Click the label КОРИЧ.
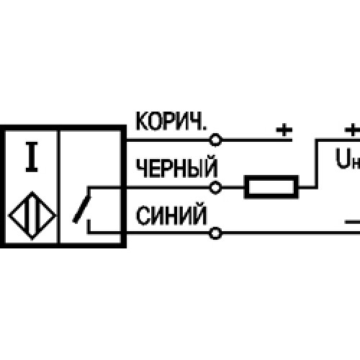[x=171, y=121]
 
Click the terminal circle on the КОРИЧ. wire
[x=215, y=140]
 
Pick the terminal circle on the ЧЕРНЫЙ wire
[x=215, y=187]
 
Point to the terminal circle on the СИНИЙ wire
[x=215, y=233]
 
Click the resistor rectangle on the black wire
[x=271, y=187]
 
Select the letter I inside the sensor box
[x=32, y=157]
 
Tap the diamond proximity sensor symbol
[x=32, y=215]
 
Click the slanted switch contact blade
[x=81, y=210]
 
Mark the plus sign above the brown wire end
[x=284, y=130]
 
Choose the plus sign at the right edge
[x=352, y=130]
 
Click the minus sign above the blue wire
[x=352, y=222]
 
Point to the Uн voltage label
[x=348, y=159]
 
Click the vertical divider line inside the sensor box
[x=58, y=187]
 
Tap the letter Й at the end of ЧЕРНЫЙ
[x=210, y=166]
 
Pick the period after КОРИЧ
[x=204, y=128]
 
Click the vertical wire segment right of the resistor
[x=317, y=163]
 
